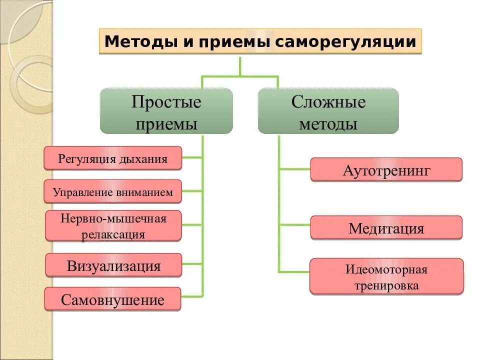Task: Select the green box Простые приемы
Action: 166,111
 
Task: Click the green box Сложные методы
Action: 328,111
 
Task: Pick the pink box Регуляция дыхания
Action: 112,158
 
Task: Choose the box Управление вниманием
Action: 112,191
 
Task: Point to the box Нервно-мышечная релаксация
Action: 113,225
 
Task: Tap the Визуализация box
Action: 113,265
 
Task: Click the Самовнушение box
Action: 112,299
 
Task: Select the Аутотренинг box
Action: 386,169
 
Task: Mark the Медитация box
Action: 386,228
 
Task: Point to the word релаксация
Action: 113,233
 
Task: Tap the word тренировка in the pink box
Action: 386,285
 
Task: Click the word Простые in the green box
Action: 166,102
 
